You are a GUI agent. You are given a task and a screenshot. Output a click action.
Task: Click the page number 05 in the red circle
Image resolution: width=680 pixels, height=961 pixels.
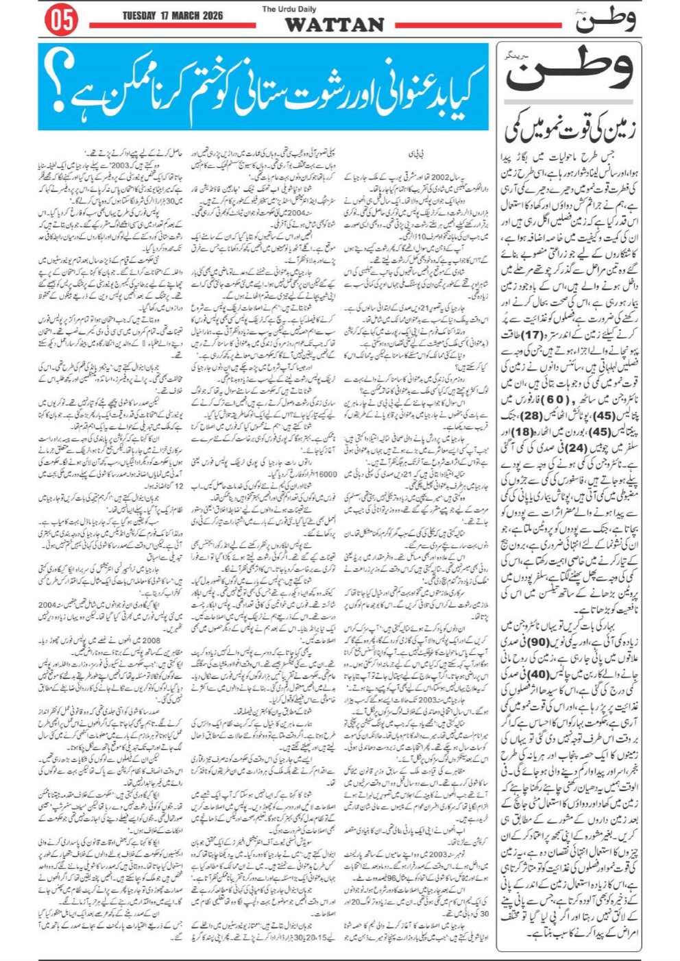tap(61, 21)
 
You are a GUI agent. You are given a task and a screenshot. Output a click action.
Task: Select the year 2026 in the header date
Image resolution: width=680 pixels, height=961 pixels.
tap(209, 16)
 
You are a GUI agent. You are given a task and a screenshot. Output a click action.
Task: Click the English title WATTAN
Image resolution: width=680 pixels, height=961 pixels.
tap(334, 25)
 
